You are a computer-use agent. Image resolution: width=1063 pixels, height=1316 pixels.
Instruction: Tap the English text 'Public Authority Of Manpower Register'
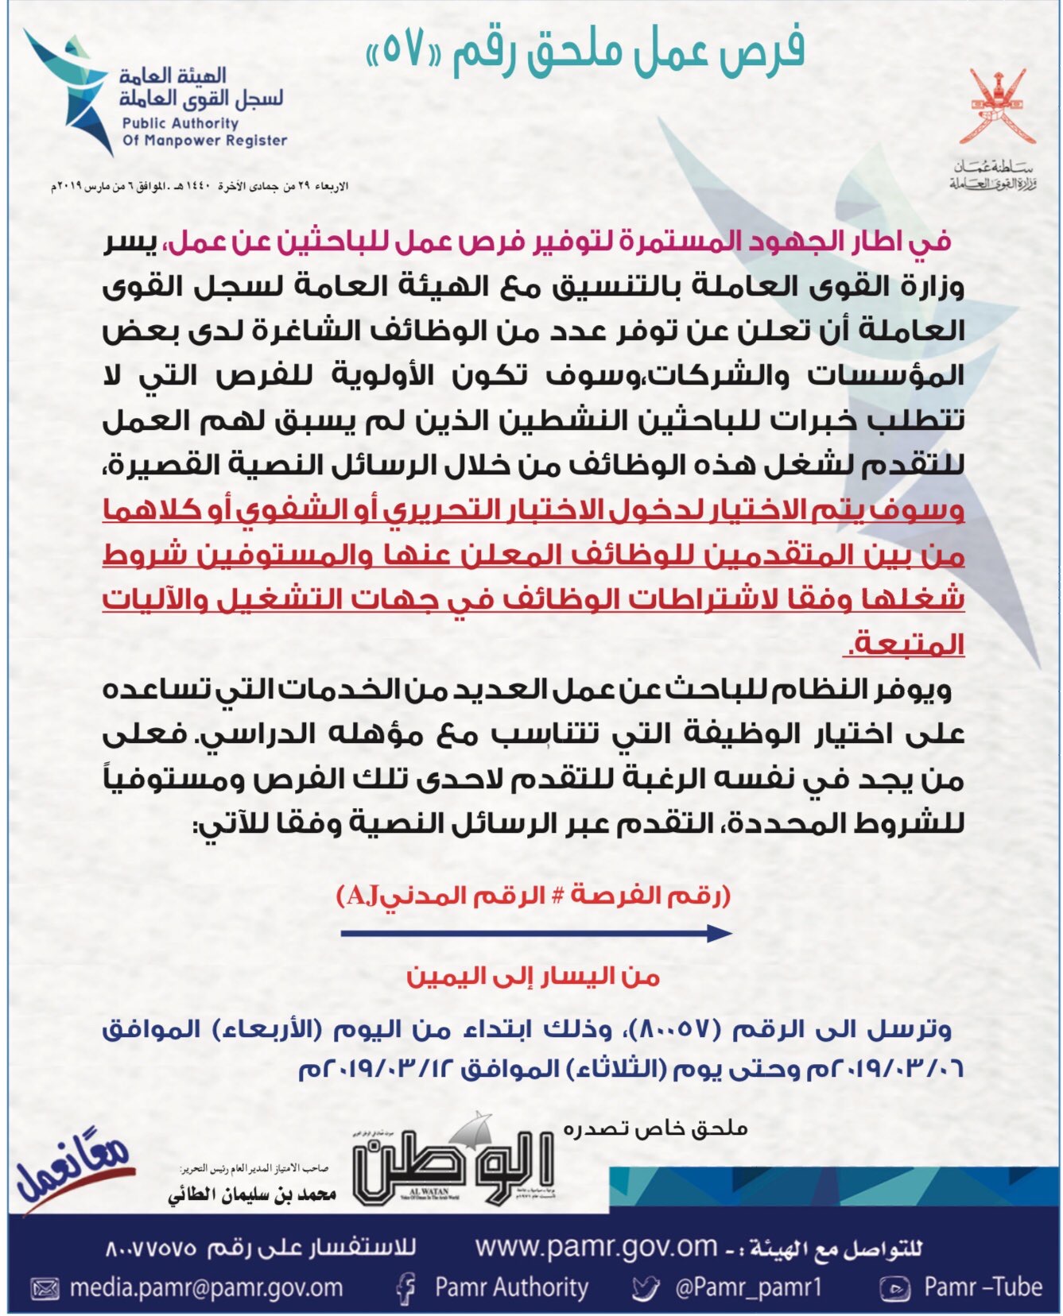coord(204,132)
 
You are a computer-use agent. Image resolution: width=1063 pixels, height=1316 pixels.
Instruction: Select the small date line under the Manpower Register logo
coord(199,186)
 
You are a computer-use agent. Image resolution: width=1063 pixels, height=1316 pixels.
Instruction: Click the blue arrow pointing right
coord(536,933)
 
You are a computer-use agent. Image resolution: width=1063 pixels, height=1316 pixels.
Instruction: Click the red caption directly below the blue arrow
coord(533,977)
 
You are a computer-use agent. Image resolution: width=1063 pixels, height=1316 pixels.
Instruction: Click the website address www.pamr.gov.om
coord(596,1246)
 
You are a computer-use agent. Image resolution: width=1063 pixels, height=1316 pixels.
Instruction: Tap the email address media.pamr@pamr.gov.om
coord(206,1287)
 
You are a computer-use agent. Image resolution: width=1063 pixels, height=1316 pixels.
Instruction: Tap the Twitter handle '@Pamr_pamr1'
coord(748,1287)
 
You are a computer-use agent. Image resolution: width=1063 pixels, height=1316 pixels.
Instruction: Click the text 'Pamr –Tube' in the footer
coord(983,1287)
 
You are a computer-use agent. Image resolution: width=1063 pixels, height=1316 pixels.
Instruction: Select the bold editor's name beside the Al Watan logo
coord(252,1194)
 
